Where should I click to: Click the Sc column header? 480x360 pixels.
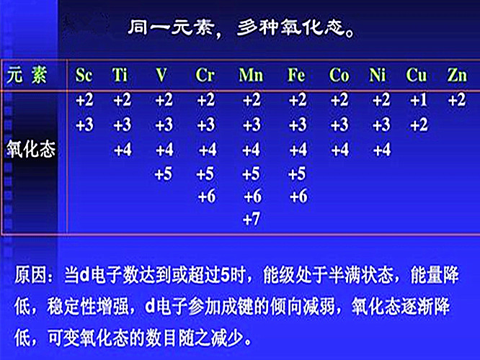[x=84, y=75]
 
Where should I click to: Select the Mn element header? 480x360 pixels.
[x=251, y=75]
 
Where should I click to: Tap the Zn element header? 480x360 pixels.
[x=457, y=75]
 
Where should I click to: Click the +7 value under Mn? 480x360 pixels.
[x=252, y=219]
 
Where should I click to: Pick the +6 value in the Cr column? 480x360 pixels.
[x=207, y=196]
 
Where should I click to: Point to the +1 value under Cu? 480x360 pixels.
[x=419, y=100]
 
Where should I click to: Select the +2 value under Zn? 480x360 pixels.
[x=457, y=100]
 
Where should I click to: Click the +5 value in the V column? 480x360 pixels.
[x=164, y=174]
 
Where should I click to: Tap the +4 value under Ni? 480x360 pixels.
[x=382, y=150]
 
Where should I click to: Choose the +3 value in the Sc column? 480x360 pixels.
[x=84, y=125]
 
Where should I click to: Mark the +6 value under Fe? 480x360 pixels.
[x=298, y=196]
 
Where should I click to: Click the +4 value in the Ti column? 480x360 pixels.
[x=123, y=150]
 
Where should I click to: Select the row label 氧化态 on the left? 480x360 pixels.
[x=31, y=150]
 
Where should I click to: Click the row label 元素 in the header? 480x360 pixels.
[x=27, y=75]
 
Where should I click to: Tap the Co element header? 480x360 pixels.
[x=339, y=75]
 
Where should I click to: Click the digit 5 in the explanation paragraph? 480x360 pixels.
[x=225, y=275]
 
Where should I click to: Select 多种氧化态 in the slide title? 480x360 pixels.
[x=290, y=27]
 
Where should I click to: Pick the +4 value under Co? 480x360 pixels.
[x=339, y=150]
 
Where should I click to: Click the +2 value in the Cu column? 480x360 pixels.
[x=419, y=125]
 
